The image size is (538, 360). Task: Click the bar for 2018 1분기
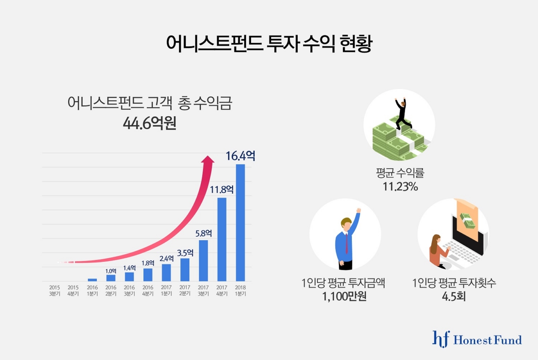[x=240, y=223]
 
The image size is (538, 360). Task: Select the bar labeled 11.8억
[x=221, y=239]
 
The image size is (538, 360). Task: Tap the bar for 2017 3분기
[x=203, y=261]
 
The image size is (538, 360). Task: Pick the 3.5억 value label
[x=185, y=252]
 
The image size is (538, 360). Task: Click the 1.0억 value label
[x=111, y=271]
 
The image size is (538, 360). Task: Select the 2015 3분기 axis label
[x=54, y=290]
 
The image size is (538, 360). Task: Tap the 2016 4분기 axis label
[x=148, y=290]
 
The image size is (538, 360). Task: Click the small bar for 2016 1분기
[x=92, y=280]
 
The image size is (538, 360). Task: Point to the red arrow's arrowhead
[x=207, y=160]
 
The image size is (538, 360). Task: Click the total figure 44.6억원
[x=150, y=123]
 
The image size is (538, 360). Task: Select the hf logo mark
[x=440, y=338]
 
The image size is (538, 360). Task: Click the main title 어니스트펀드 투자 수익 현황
[x=269, y=43]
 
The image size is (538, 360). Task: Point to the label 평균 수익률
[x=400, y=173]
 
